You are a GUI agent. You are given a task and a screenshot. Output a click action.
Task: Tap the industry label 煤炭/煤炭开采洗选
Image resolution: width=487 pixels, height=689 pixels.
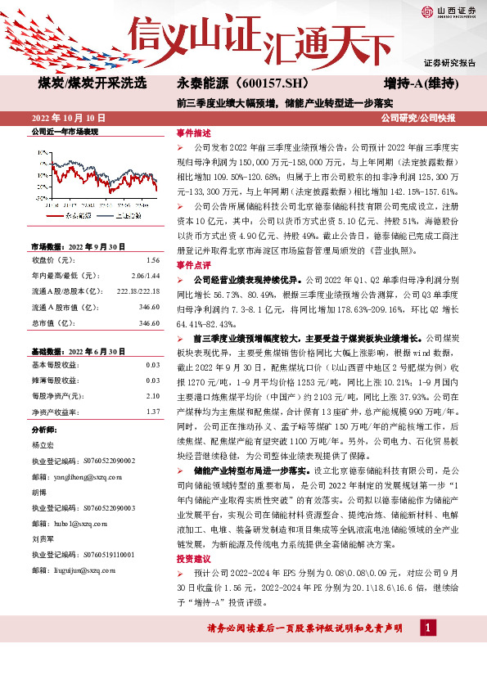[x=92, y=83]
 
